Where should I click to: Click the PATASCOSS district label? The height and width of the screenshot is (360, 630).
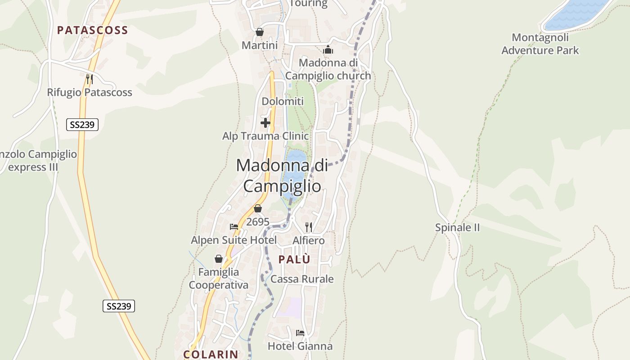pyautogui.click(x=92, y=30)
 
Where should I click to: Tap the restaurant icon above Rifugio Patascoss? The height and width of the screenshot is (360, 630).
pyautogui.click(x=89, y=79)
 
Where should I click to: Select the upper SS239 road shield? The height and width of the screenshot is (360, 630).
pyautogui.click(x=82, y=125)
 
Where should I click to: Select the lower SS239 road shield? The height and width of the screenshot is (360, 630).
pyautogui.click(x=119, y=306)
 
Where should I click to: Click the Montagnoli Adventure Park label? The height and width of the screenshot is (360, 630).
pyautogui.click(x=540, y=44)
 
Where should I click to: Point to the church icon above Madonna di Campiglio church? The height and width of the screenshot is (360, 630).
pyautogui.click(x=328, y=49)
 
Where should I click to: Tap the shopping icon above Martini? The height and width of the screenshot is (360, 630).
pyautogui.click(x=260, y=32)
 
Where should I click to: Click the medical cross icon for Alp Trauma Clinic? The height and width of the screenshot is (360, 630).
pyautogui.click(x=265, y=122)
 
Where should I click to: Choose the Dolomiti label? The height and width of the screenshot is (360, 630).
pyautogui.click(x=283, y=102)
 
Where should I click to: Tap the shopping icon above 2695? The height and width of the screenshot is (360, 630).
pyautogui.click(x=258, y=208)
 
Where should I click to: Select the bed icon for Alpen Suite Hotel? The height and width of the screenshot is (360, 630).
pyautogui.click(x=234, y=227)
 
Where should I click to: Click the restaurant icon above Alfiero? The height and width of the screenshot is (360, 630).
pyautogui.click(x=309, y=227)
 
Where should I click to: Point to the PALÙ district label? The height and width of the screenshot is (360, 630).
pyautogui.click(x=294, y=260)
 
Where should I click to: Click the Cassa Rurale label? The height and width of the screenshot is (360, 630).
pyautogui.click(x=302, y=279)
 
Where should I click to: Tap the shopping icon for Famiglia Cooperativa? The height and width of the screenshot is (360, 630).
pyautogui.click(x=219, y=259)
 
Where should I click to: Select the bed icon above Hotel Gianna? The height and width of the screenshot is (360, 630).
pyautogui.click(x=300, y=333)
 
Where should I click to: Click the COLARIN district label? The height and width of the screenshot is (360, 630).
pyautogui.click(x=211, y=354)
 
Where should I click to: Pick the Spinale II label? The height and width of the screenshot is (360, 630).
pyautogui.click(x=457, y=228)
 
